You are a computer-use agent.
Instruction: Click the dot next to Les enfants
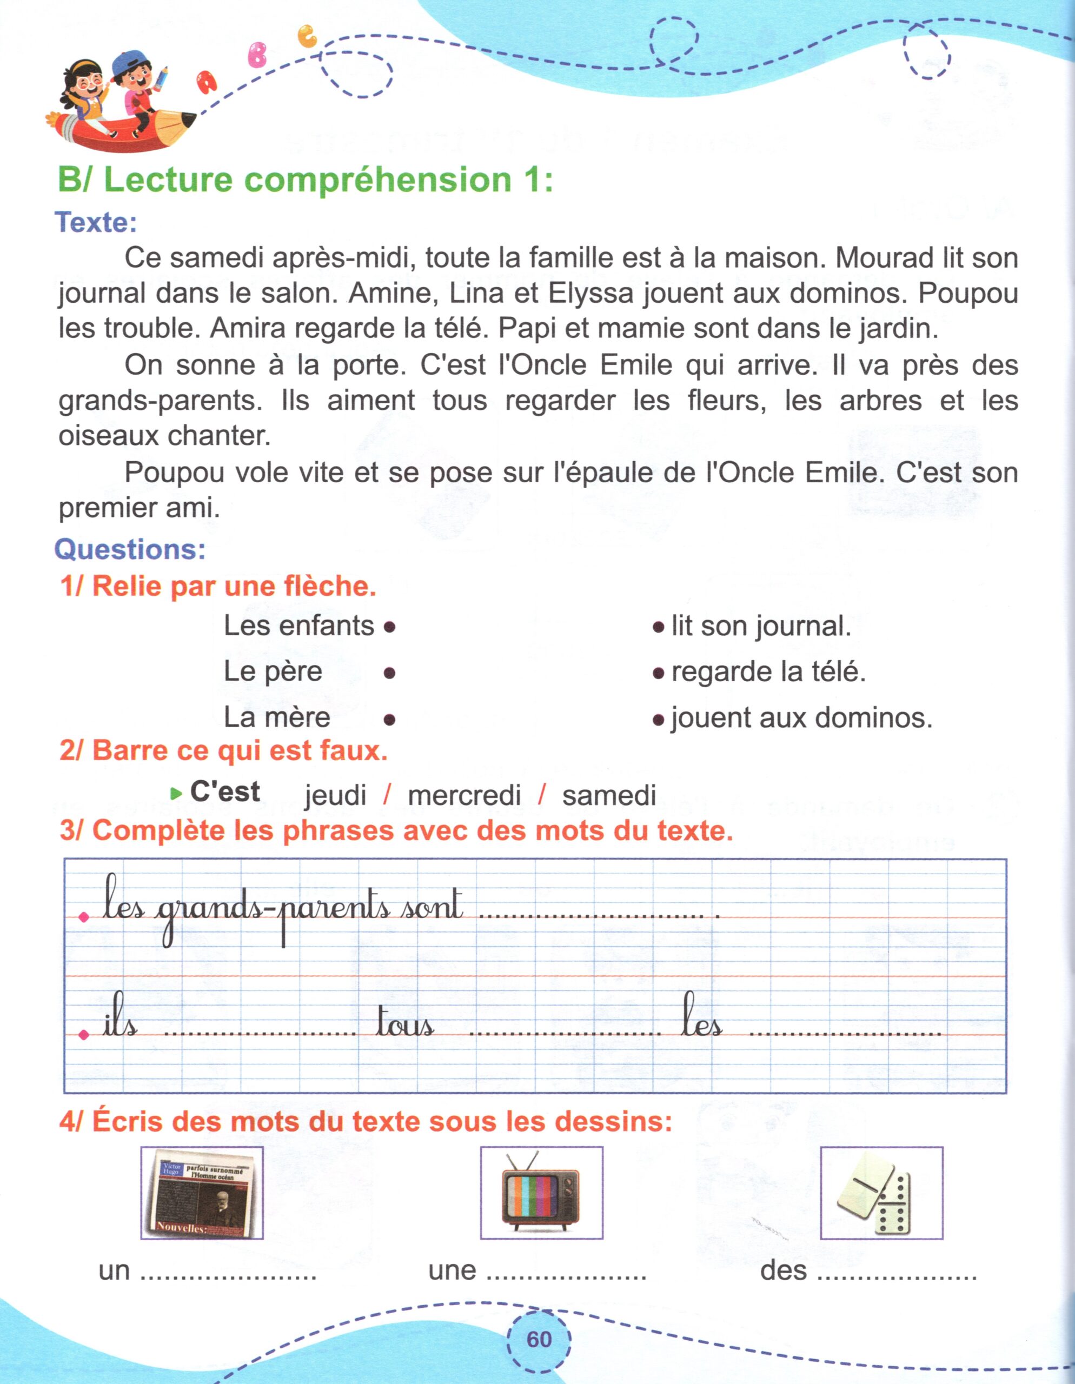(x=390, y=627)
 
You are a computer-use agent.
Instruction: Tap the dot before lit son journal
(x=658, y=627)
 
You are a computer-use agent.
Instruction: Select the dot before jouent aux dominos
(x=658, y=719)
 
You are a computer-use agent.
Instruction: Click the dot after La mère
(x=390, y=719)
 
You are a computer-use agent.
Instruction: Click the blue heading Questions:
(x=130, y=549)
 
